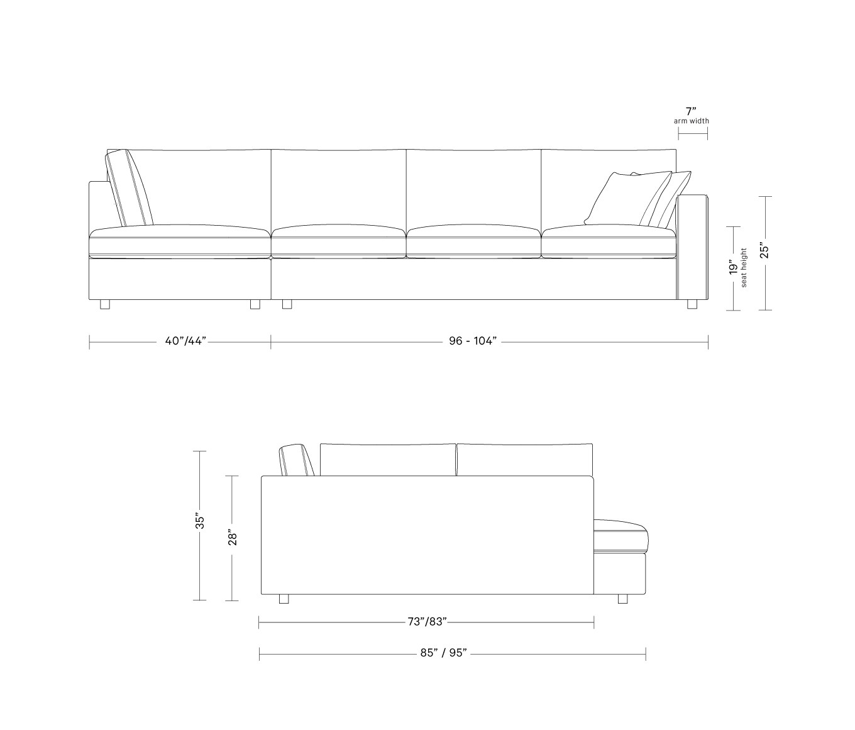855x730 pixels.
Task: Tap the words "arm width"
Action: (692, 121)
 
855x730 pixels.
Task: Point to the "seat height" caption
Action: (744, 268)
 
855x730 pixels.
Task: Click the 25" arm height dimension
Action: (764, 252)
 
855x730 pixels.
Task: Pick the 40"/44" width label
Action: (185, 341)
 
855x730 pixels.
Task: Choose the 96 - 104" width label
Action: (473, 341)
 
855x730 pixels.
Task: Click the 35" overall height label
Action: (200, 522)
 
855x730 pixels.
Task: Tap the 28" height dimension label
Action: (233, 538)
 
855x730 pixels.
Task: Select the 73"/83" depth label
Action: (427, 622)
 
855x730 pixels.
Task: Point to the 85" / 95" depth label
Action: (443, 653)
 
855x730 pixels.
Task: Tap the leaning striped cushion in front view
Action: (130, 188)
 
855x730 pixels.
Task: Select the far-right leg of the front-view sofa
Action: (692, 304)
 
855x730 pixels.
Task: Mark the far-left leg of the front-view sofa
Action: (105, 304)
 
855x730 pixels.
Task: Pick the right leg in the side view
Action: (622, 599)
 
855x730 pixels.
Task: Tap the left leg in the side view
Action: (284, 599)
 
